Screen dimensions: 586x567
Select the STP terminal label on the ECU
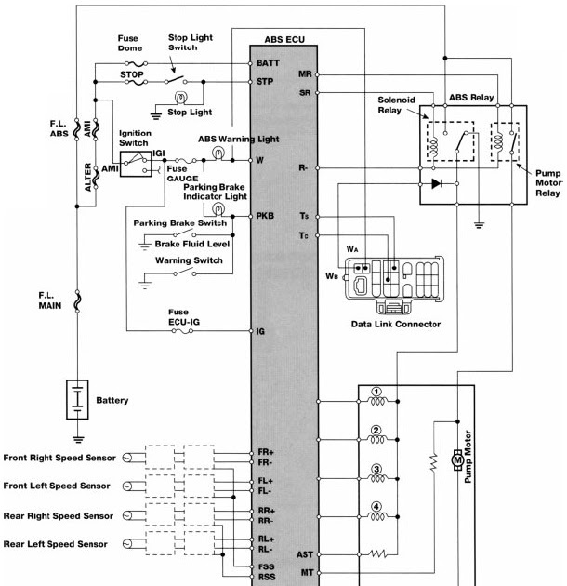266,82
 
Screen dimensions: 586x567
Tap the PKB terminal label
266,216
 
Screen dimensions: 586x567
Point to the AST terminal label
305,553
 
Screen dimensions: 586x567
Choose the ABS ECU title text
283,40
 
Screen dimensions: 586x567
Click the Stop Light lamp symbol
182,96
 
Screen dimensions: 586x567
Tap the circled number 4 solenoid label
376,507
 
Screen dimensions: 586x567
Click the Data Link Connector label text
395,324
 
